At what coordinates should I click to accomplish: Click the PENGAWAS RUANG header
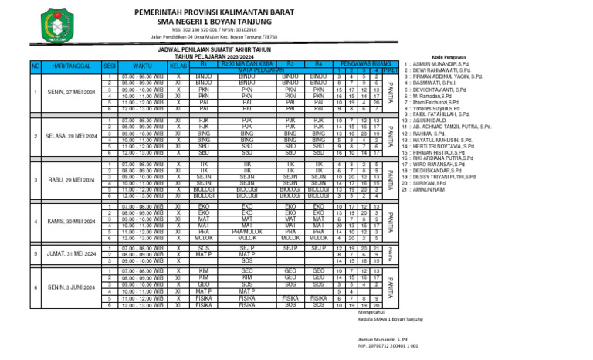point(357,64)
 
